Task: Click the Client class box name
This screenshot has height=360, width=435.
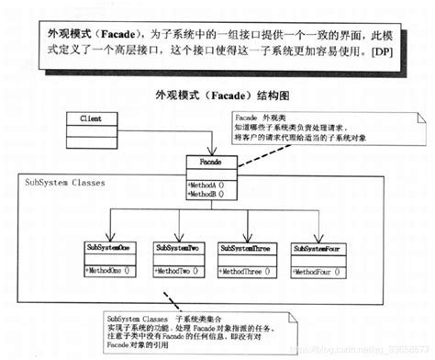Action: point(90,118)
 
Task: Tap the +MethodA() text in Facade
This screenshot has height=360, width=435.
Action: point(210,184)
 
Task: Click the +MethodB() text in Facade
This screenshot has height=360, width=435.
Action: point(210,194)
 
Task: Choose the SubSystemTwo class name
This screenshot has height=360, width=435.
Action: point(178,249)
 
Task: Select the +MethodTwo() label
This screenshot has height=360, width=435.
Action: point(178,271)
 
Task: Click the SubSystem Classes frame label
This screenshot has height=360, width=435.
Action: point(65,183)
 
